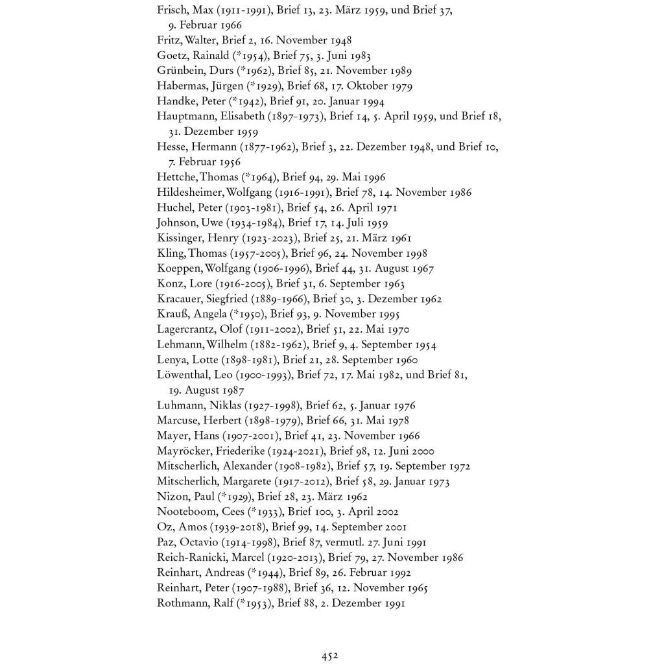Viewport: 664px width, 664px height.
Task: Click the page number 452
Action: [x=329, y=656]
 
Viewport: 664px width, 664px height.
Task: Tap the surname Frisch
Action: [x=172, y=10]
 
